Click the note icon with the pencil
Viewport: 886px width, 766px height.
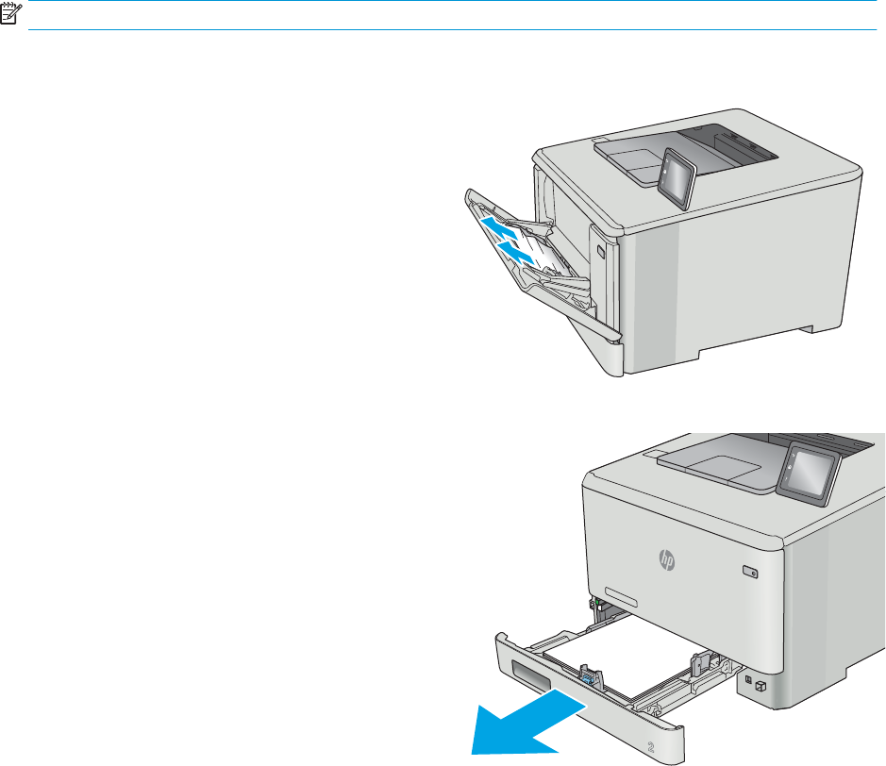(x=10, y=13)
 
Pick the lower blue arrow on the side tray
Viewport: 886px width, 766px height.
(x=516, y=251)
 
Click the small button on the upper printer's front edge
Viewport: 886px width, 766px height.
(x=601, y=251)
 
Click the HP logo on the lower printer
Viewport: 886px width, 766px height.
(x=667, y=559)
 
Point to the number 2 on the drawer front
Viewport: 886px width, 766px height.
(x=650, y=747)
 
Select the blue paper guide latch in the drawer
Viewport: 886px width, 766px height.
(x=587, y=677)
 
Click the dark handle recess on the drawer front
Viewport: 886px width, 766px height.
(x=531, y=674)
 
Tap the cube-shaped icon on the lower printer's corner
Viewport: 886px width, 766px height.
(x=760, y=687)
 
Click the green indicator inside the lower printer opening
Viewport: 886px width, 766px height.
(x=596, y=602)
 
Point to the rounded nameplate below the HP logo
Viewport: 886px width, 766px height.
(x=621, y=596)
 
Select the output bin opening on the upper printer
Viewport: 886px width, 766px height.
(x=729, y=144)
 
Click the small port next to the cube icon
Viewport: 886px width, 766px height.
(x=748, y=679)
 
